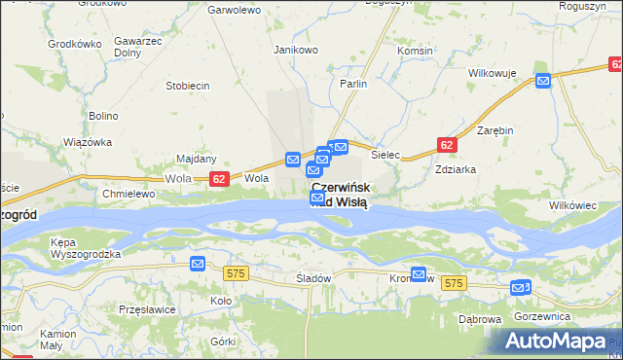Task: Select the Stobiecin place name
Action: coord(188,86)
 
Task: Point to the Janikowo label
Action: coord(296,50)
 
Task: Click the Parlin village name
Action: coord(353,85)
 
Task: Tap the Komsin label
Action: coord(415,51)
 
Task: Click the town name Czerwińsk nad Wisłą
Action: coord(339,195)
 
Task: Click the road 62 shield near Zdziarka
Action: coord(446,145)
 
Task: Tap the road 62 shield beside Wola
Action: coord(219,179)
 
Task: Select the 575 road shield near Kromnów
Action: coord(453,282)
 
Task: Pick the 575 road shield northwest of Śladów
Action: coord(236,275)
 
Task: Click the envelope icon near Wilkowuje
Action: coord(543,82)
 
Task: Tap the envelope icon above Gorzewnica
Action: coord(520,287)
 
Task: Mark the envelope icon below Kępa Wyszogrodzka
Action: coord(198,264)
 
